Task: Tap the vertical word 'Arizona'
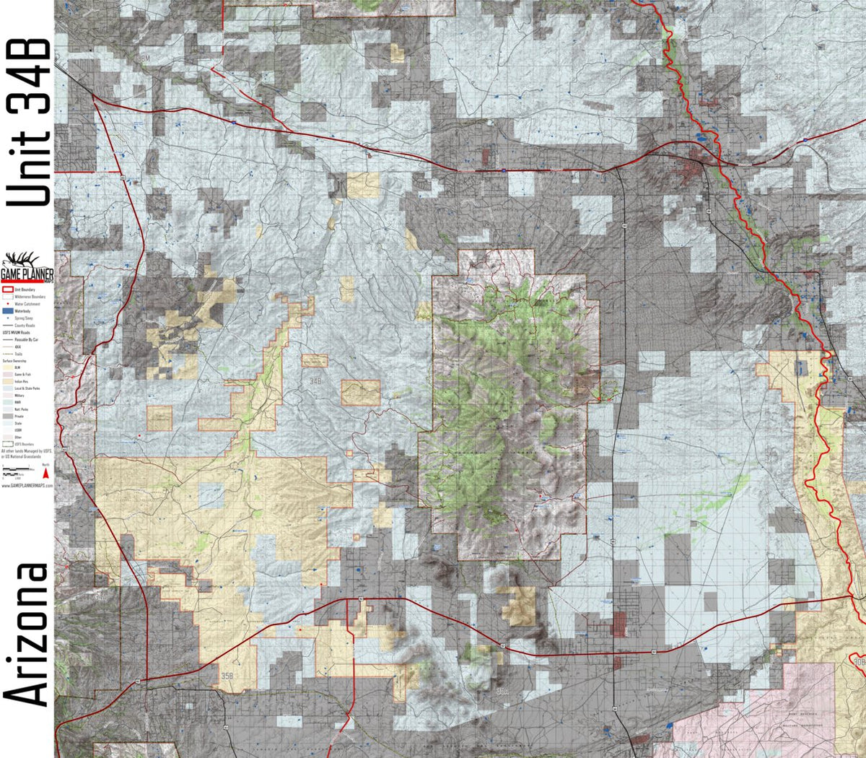click(27, 635)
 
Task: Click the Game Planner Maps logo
click(27, 268)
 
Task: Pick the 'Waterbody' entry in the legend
click(21, 311)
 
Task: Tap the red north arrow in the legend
click(46, 474)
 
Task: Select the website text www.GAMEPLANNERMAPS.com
click(27, 486)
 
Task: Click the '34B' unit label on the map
click(315, 380)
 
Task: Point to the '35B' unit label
click(227, 676)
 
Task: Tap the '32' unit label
click(777, 76)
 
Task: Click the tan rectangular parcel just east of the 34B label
click(360, 393)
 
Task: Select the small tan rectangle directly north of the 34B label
click(315, 361)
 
